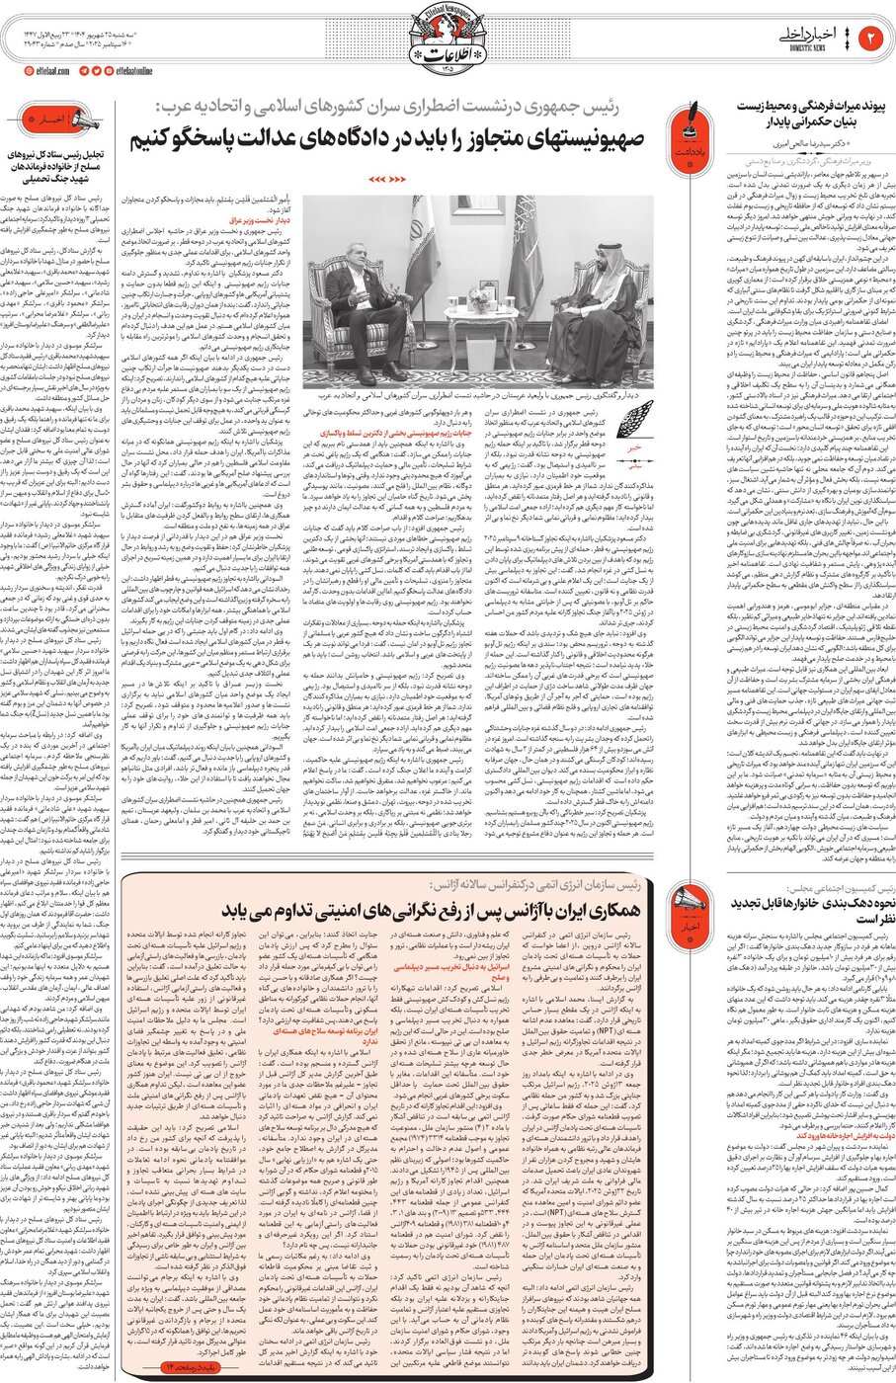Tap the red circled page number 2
tap(873, 39)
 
